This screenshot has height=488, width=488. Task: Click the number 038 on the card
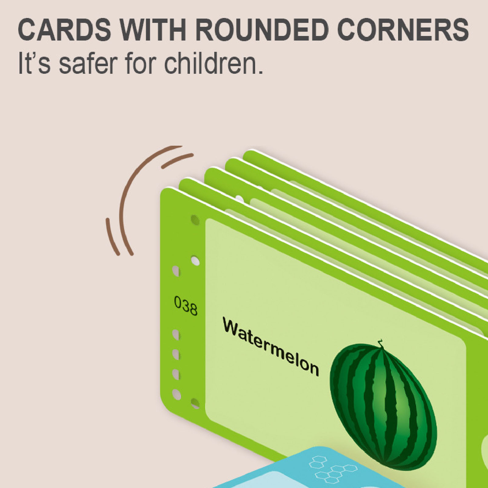(x=186, y=306)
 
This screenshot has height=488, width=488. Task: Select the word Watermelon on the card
(x=271, y=347)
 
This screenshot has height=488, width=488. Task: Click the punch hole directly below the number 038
(x=176, y=335)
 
